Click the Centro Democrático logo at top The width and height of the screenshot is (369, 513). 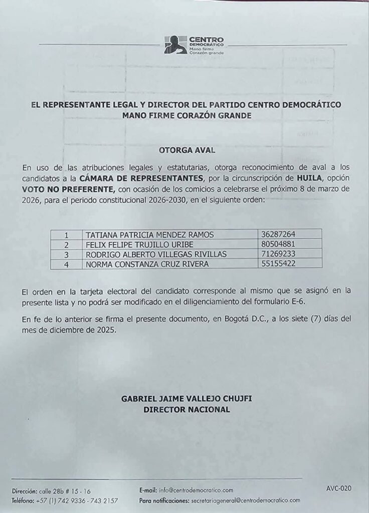[x=194, y=45]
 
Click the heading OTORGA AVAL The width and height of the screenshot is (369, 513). [x=184, y=149]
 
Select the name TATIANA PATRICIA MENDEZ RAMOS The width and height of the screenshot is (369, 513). [x=150, y=234]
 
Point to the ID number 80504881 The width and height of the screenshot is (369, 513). [x=278, y=244]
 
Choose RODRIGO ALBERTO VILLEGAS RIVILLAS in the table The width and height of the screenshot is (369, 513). [x=156, y=254]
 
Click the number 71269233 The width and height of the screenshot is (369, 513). [x=278, y=254]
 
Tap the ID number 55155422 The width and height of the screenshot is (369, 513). [x=278, y=264]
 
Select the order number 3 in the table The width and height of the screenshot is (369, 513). [x=66, y=254]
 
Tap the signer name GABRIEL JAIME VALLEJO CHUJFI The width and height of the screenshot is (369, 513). [x=186, y=399]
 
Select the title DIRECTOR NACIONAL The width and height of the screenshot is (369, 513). [x=187, y=409]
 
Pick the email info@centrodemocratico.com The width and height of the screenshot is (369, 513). [x=196, y=490]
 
